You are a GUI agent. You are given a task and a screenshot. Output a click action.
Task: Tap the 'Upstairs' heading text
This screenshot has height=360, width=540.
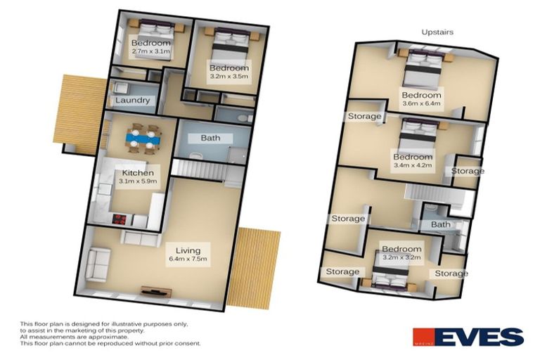pyautogui.click(x=437, y=32)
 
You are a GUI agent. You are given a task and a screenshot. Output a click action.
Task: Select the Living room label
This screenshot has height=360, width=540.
pyautogui.click(x=189, y=250)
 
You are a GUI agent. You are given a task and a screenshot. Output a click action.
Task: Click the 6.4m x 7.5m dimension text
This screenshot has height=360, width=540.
pyautogui.click(x=189, y=259)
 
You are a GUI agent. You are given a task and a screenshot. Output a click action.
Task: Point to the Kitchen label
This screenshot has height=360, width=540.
pyautogui.click(x=138, y=172)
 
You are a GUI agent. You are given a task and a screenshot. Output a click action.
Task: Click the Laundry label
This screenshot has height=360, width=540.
pyautogui.click(x=133, y=101)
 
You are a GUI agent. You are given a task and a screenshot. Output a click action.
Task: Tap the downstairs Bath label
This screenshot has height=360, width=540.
pyautogui.click(x=211, y=138)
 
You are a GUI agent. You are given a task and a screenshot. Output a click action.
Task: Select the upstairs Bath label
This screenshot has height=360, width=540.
pyautogui.click(x=441, y=225)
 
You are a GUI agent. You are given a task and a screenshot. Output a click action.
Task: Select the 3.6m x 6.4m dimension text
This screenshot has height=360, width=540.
pyautogui.click(x=421, y=105)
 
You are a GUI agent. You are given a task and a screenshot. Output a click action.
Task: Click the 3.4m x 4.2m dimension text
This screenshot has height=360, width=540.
pyautogui.click(x=413, y=166)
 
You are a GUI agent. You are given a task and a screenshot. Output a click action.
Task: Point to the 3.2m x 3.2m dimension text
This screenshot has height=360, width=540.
pyautogui.click(x=401, y=258)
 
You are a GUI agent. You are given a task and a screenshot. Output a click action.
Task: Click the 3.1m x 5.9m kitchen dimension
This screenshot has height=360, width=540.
pyautogui.click(x=138, y=181)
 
